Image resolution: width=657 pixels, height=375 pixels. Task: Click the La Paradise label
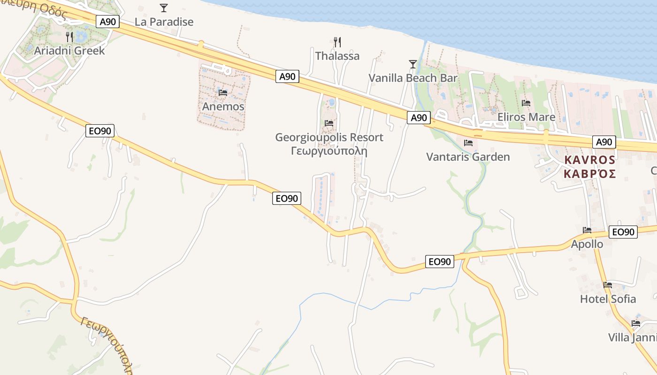pyautogui.click(x=164, y=22)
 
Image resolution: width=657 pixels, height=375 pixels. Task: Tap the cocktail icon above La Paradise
pyautogui.click(x=163, y=7)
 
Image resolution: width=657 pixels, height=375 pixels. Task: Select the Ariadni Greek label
pyautogui.click(x=69, y=51)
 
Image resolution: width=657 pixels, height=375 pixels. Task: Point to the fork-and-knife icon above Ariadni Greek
pyautogui.click(x=69, y=36)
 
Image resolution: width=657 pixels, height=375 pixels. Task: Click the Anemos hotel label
pyautogui.click(x=223, y=106)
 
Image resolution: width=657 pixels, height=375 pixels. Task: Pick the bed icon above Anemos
pyautogui.click(x=223, y=93)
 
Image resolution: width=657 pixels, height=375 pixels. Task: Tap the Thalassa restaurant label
pyautogui.click(x=337, y=56)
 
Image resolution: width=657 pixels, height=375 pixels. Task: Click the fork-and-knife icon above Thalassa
pyautogui.click(x=337, y=42)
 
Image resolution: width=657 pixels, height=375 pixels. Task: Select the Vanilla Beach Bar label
pyautogui.click(x=413, y=78)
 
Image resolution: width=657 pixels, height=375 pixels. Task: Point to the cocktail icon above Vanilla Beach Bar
pyautogui.click(x=413, y=64)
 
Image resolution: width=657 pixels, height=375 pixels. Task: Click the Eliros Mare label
pyautogui.click(x=526, y=117)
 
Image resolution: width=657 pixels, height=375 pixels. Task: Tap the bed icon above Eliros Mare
pyautogui.click(x=526, y=103)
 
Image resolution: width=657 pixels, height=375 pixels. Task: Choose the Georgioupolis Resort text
pyautogui.click(x=329, y=137)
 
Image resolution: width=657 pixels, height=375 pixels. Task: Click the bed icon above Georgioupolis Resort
pyautogui.click(x=329, y=123)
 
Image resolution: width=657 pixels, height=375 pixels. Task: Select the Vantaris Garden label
pyautogui.click(x=468, y=157)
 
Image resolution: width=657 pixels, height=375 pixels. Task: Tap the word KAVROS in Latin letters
pyautogui.click(x=589, y=160)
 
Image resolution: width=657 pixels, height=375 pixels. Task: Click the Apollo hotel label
pyautogui.click(x=587, y=244)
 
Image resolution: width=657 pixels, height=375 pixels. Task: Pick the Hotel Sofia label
pyautogui.click(x=608, y=299)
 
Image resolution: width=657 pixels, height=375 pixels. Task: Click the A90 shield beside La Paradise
pyautogui.click(x=108, y=21)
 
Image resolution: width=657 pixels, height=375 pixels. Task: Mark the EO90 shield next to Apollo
pyautogui.click(x=623, y=232)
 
